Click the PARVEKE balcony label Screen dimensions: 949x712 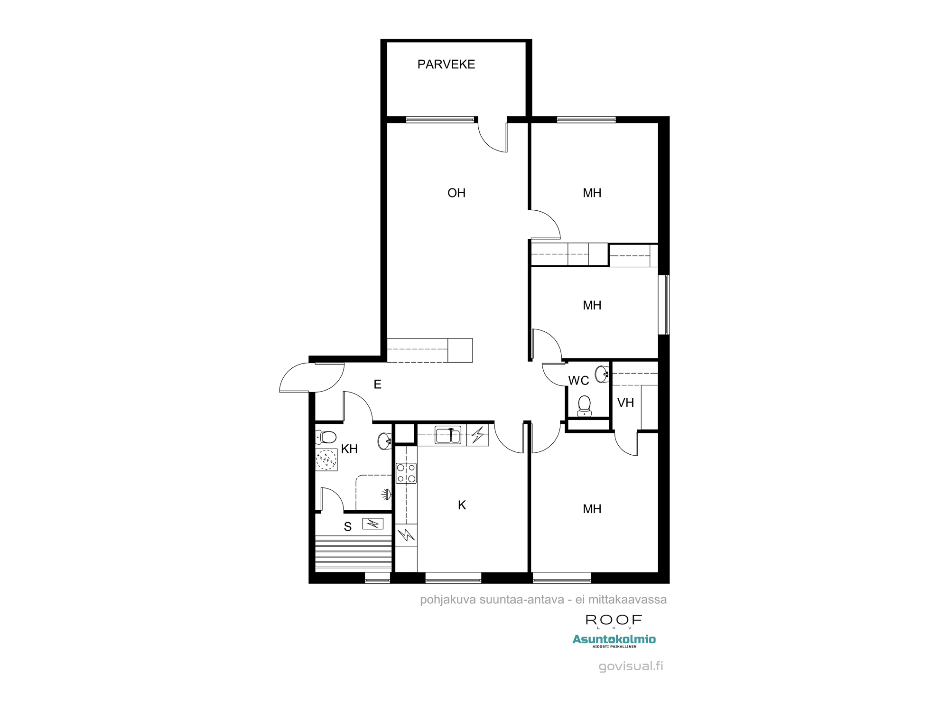pos(446,65)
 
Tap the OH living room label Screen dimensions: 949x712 pos(456,193)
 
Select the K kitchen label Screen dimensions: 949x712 pos(462,506)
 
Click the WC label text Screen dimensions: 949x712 pos(578,381)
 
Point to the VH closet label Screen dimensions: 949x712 pos(625,403)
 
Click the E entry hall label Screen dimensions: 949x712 pos(378,384)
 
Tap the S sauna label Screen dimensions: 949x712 pos(348,527)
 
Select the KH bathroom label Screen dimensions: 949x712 pos(349,449)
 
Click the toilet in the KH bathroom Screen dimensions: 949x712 pos(326,436)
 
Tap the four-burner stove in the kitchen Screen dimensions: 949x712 pos(406,473)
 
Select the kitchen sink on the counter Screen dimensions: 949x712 pos(447,435)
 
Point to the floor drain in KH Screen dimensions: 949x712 pos(326,459)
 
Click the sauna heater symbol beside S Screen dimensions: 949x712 pos(373,524)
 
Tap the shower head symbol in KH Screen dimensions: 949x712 pos(387,495)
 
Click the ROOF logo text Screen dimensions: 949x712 pos(614,620)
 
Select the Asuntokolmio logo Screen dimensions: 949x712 pos(614,640)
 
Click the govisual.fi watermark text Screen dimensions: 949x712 pos(631,666)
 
